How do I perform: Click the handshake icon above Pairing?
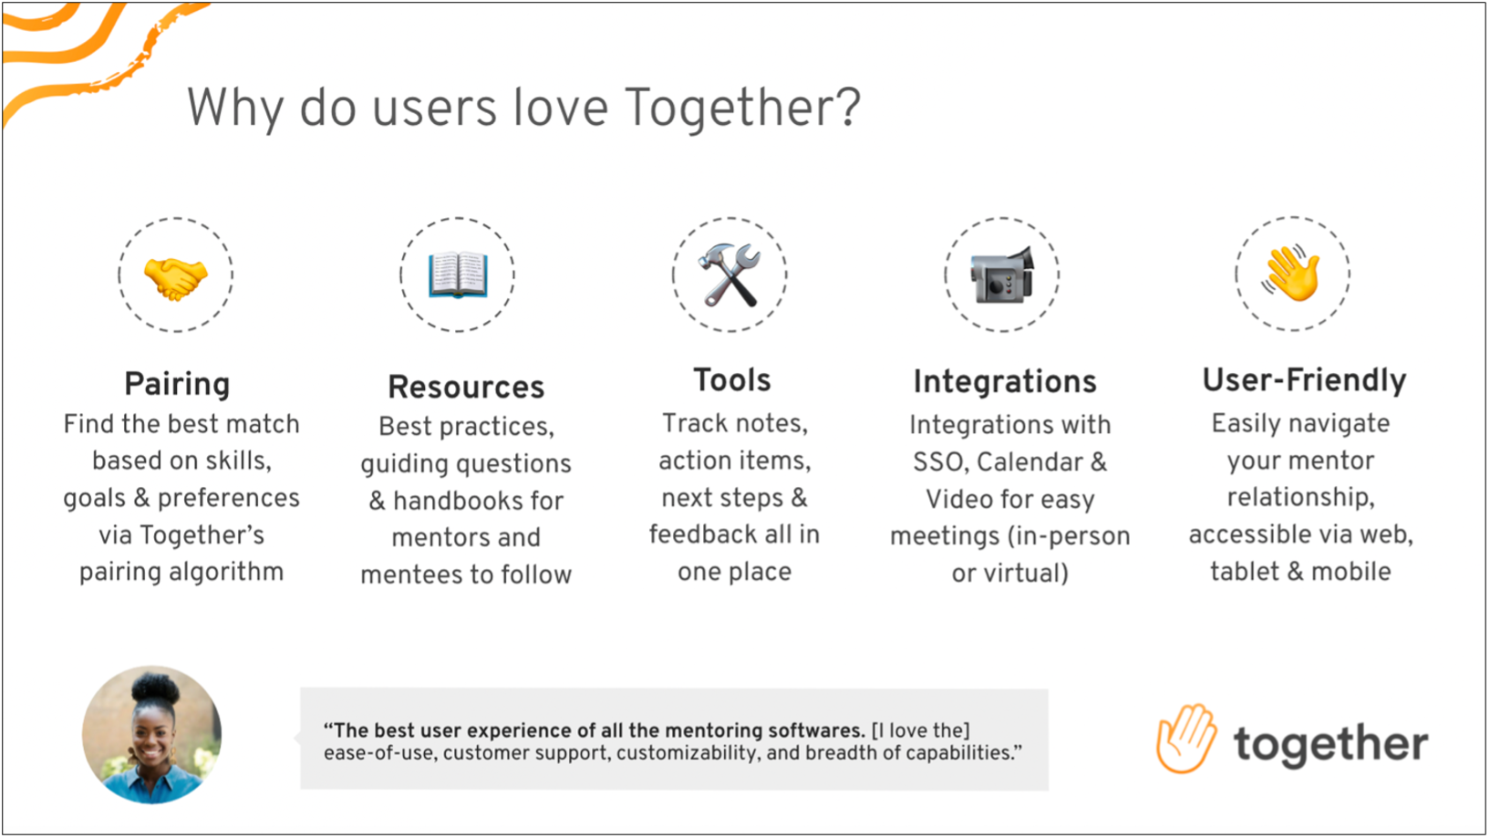(x=175, y=277)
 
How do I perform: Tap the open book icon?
(x=458, y=274)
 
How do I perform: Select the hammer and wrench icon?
(x=729, y=274)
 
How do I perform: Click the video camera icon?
(x=1002, y=274)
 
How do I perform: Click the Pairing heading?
(x=177, y=385)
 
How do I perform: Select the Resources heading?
(x=466, y=388)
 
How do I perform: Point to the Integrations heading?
(x=1005, y=382)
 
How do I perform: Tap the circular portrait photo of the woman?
(x=152, y=735)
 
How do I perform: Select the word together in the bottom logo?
(x=1330, y=744)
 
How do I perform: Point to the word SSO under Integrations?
(x=939, y=463)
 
